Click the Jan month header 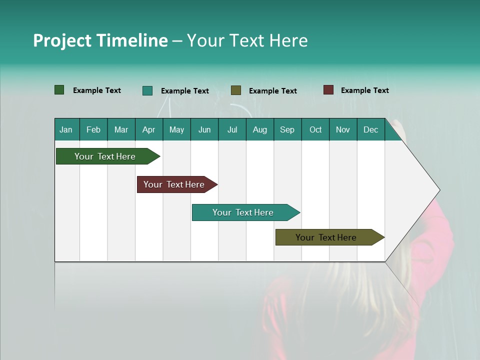point(66,129)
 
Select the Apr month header point(149,129)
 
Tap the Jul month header point(232,129)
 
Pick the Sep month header point(287,129)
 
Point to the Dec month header point(370,129)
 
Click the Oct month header point(315,129)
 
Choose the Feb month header point(93,129)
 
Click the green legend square point(59,90)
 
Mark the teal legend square point(147,90)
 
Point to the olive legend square point(236,90)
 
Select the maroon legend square point(328,90)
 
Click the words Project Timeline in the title point(100,40)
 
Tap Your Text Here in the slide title point(247,40)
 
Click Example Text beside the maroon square point(364,90)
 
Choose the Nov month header point(343,129)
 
